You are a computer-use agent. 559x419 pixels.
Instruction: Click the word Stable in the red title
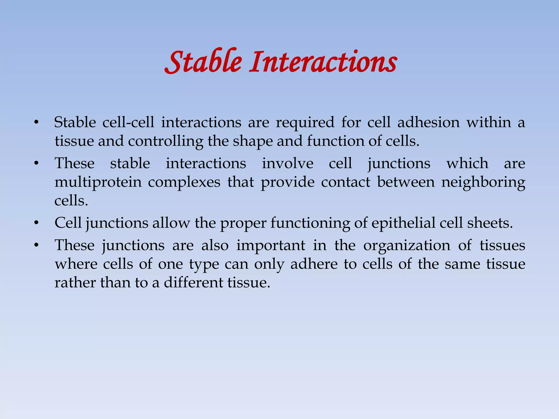point(203,62)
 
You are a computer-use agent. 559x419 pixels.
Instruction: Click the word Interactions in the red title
point(323,62)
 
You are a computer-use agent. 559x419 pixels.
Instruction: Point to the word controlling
point(166,141)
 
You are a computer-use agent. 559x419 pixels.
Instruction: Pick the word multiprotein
point(98,182)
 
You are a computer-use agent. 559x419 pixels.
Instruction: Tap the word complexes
point(184,182)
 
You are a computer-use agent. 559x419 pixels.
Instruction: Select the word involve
point(287,163)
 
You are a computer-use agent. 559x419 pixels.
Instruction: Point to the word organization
point(407,245)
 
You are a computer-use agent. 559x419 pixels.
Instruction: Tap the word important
point(270,245)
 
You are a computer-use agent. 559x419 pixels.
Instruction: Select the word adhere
point(314,264)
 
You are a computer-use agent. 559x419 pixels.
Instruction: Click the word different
point(193,282)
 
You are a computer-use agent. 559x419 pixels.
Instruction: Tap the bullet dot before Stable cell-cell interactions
point(36,123)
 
